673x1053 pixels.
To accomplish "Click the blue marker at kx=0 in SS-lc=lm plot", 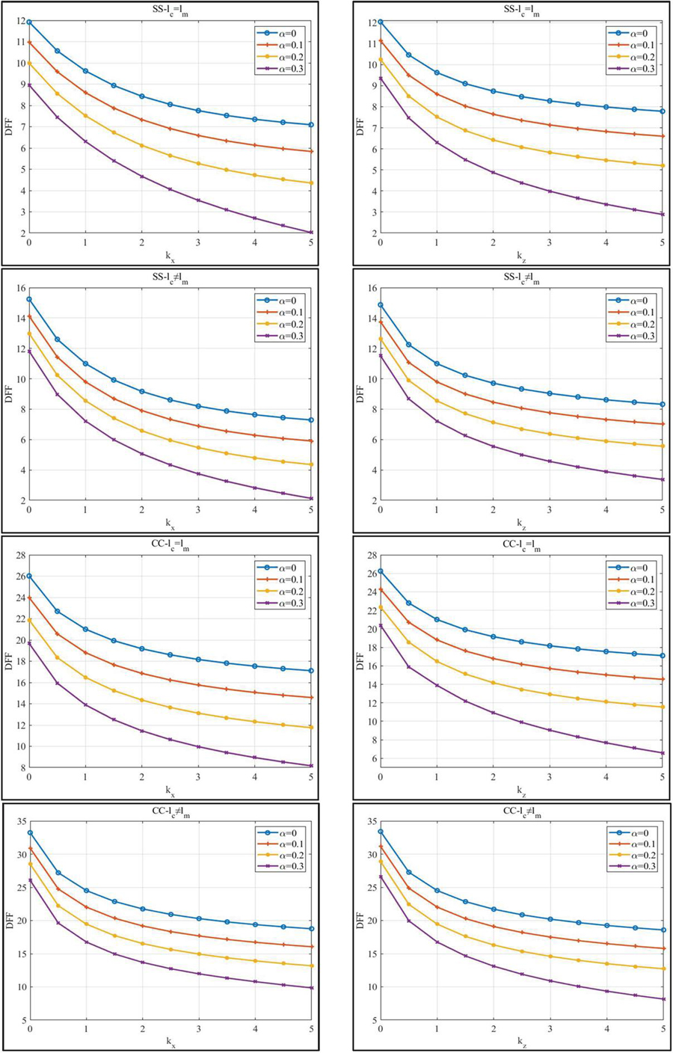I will click(x=29, y=22).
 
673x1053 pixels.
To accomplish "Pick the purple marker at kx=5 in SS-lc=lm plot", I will click(x=312, y=233).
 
